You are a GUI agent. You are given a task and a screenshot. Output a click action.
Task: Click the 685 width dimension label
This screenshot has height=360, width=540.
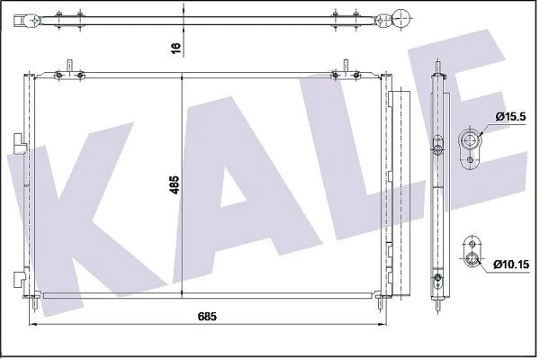(207, 317)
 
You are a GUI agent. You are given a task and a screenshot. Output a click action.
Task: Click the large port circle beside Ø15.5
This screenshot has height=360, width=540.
(471, 139)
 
